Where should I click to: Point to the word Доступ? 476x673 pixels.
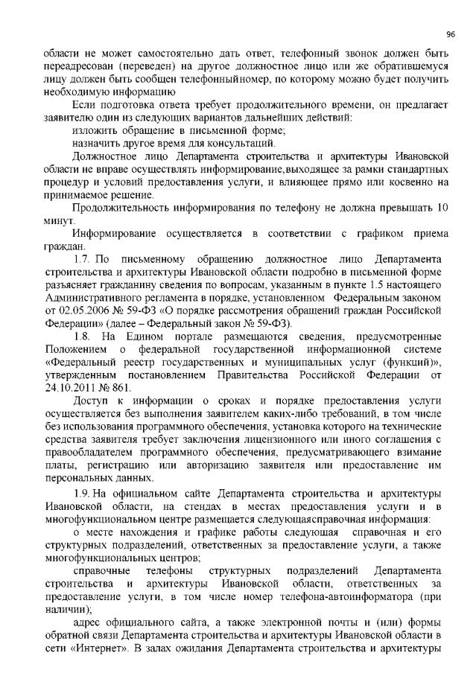90,406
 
